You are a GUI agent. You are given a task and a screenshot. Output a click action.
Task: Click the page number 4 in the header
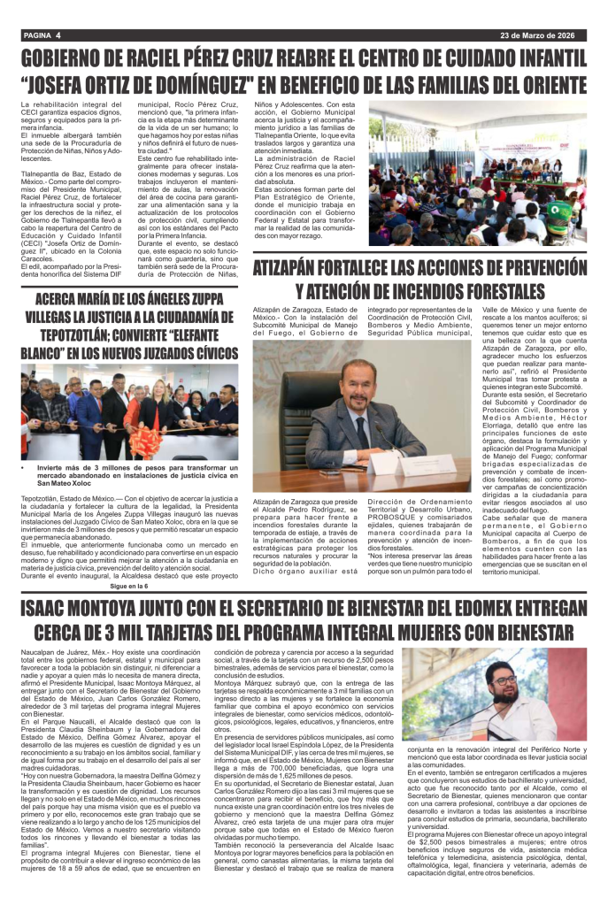57,35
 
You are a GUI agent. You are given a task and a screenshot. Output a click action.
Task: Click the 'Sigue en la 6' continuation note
129,585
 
